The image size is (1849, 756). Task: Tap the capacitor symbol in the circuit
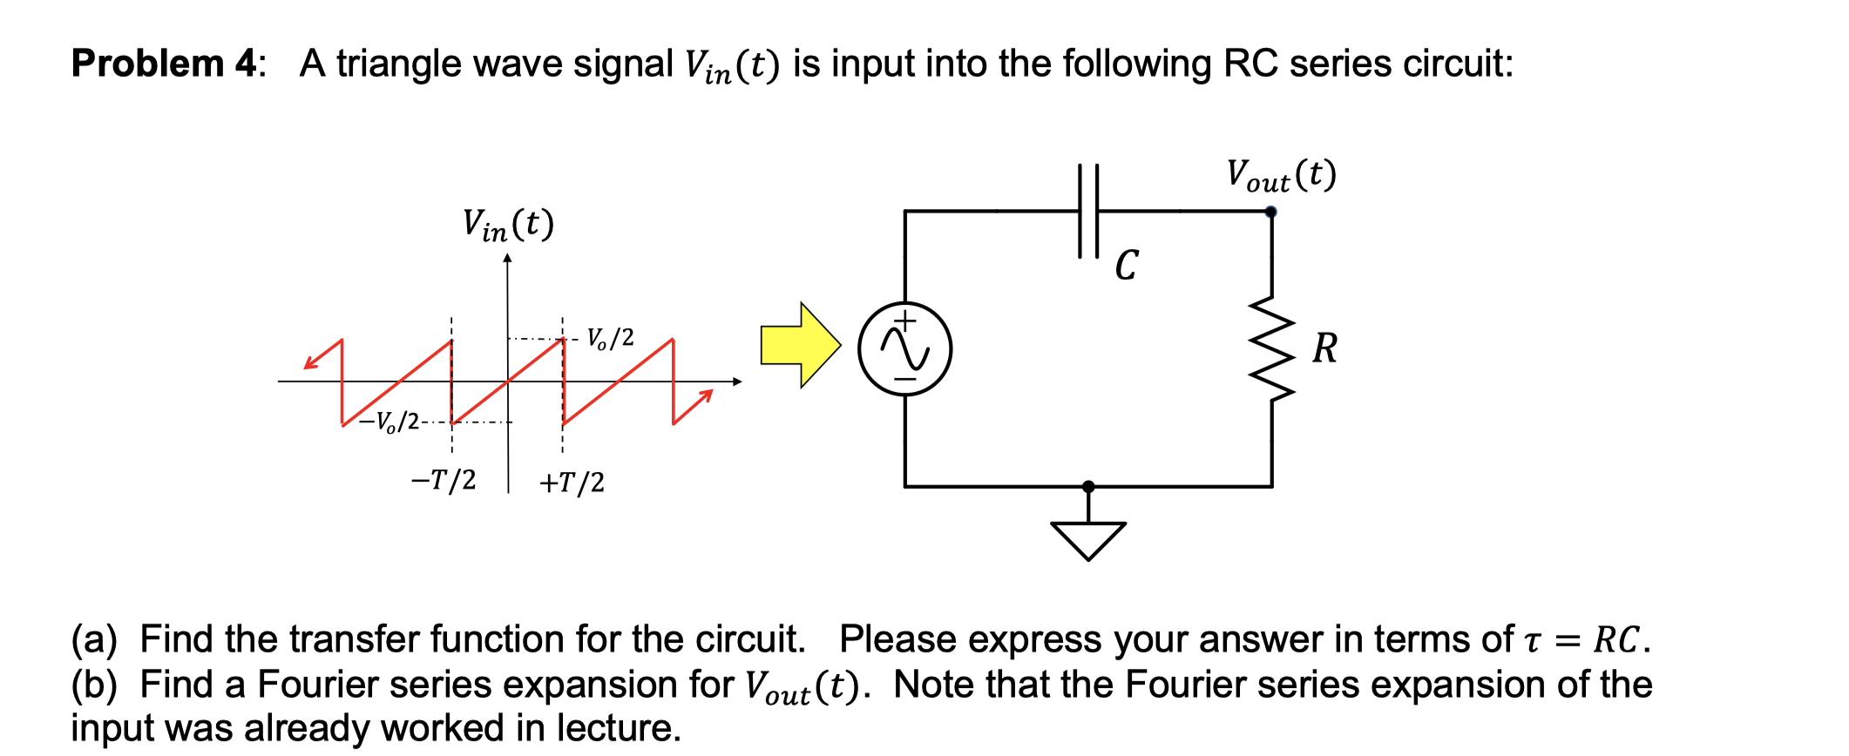point(1088,211)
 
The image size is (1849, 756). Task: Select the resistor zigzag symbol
point(1271,348)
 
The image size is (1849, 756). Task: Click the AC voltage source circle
point(904,348)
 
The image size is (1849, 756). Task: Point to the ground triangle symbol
point(1087,539)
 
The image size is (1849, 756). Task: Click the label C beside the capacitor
point(1126,265)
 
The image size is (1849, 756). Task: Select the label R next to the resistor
point(1324,348)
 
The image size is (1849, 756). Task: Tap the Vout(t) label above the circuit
point(1280,175)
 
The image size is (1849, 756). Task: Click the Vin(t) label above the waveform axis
point(507,225)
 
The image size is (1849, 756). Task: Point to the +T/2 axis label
point(572,482)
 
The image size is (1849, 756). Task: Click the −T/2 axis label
point(444,479)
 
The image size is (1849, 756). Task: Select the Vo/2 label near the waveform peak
point(610,338)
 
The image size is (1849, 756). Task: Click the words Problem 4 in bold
point(164,64)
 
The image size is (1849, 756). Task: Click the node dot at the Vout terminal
point(1270,212)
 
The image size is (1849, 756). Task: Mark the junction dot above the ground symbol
point(1087,486)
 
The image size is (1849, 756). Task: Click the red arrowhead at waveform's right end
point(706,396)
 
